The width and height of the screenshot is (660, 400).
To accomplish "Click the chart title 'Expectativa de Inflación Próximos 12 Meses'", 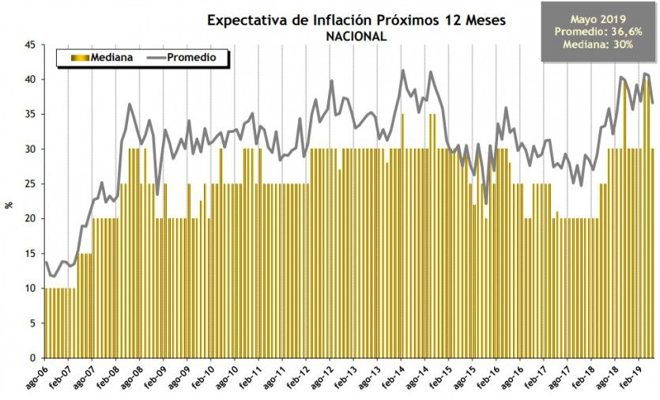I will point(356,20).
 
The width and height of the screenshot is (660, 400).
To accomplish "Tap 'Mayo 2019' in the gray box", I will point(598,18).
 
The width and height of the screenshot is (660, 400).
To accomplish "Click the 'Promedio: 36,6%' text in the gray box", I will point(598,32).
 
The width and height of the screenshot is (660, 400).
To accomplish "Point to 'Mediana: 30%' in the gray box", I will point(598,45).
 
